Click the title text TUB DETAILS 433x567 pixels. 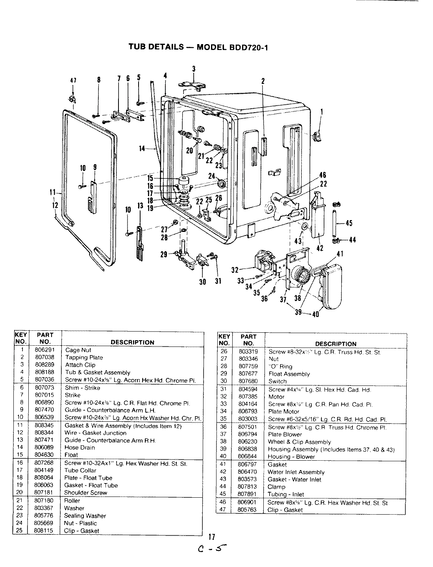pyautogui.click(x=156, y=47)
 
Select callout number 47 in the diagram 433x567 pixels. pyautogui.click(x=73, y=80)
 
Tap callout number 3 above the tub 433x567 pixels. pyautogui.click(x=194, y=69)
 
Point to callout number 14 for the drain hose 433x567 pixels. pyautogui.click(x=142, y=148)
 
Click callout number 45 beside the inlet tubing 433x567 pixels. pyautogui.click(x=349, y=223)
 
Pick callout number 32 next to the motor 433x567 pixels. pyautogui.click(x=235, y=270)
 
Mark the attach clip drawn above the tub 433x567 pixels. pyautogui.click(x=192, y=85)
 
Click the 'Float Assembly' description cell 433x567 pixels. pyautogui.click(x=289, y=374)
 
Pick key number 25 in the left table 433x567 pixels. pyautogui.click(x=23, y=530)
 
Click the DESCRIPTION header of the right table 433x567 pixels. pyautogui.click(x=336, y=344)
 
